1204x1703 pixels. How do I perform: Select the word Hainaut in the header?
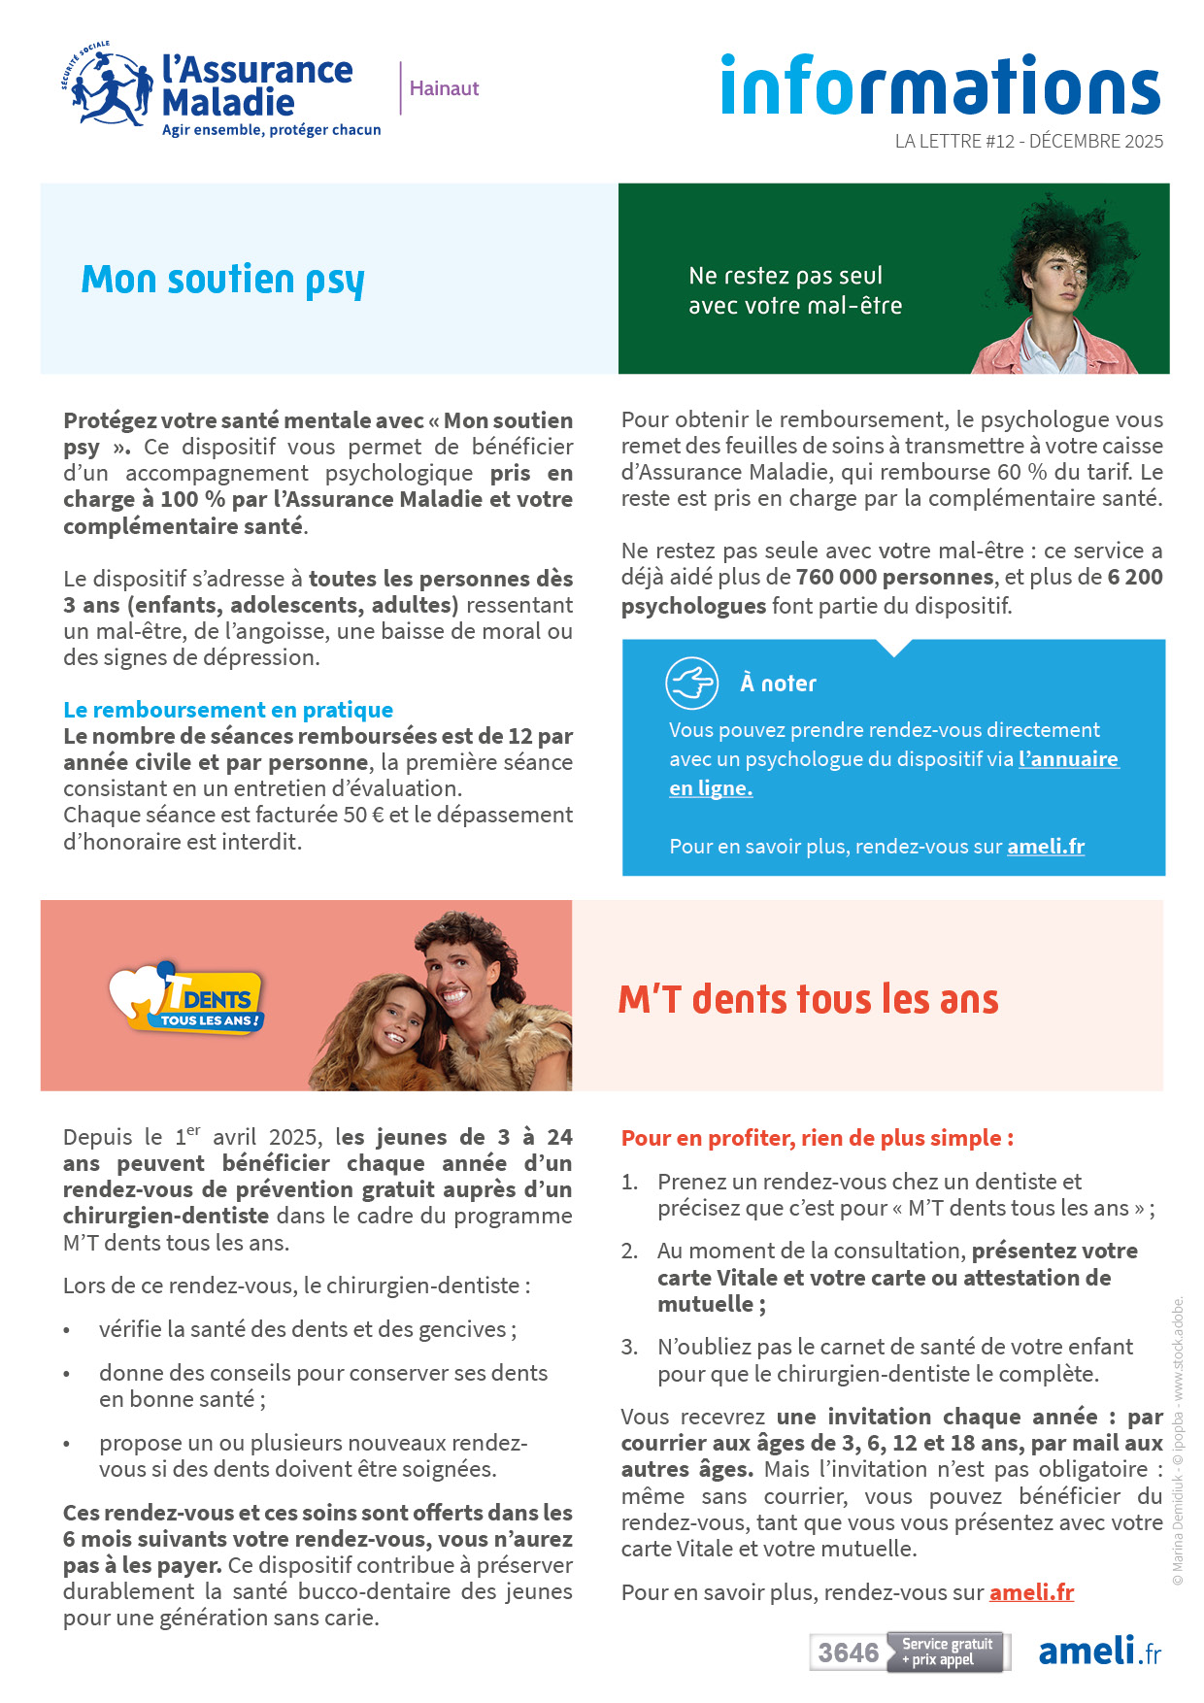[x=444, y=88]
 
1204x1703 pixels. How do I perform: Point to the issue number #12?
[x=1000, y=142]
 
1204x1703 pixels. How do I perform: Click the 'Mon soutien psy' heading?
[x=222, y=280]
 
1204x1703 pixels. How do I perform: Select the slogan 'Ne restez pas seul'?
[x=786, y=276]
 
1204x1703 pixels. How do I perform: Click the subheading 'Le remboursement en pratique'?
[x=228, y=710]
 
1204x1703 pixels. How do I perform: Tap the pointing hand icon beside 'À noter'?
[x=691, y=683]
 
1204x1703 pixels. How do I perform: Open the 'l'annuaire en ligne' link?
[x=1068, y=759]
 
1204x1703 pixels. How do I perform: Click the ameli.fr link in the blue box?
[x=1045, y=846]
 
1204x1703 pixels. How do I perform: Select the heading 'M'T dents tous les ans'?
[x=808, y=999]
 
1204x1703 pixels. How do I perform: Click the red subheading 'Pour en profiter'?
[x=817, y=1138]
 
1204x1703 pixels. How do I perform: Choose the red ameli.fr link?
[x=1031, y=1592]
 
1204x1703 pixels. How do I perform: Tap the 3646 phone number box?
[x=848, y=1653]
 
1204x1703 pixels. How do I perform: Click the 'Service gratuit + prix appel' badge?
[x=947, y=1652]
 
